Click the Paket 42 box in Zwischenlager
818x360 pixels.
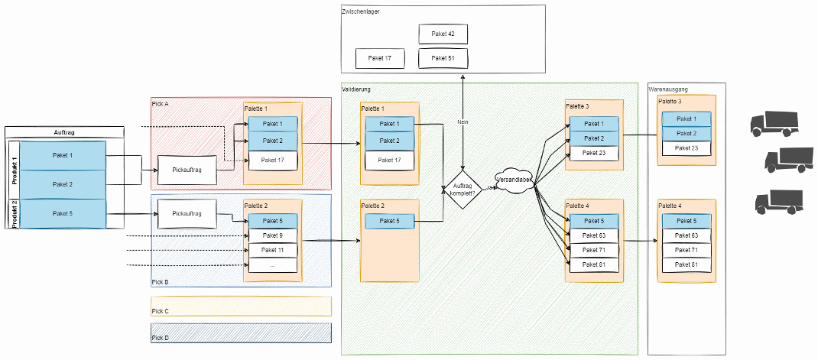coord(443,34)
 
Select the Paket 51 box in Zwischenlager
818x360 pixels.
coord(443,58)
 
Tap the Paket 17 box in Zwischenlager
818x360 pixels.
coord(380,58)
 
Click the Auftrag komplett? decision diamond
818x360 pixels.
coord(463,190)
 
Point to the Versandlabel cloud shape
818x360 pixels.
coord(514,180)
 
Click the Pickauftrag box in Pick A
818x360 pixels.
coord(187,170)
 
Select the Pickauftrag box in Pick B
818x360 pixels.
coord(187,213)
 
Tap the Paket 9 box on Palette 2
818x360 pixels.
coord(273,236)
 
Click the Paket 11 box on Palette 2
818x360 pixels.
coord(273,251)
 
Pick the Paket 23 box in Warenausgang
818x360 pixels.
coord(686,148)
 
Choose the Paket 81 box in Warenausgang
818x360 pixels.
coord(686,264)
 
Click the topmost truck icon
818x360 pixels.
coord(774,124)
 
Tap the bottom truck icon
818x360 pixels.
coord(779,202)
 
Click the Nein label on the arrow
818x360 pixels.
coord(463,122)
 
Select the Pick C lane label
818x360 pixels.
coord(160,312)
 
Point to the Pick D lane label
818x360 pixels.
coord(160,338)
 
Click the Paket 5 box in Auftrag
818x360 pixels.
coord(63,213)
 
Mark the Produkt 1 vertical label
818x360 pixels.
coord(14,170)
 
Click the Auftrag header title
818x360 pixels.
coord(64,132)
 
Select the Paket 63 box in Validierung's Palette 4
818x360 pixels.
coord(594,236)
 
